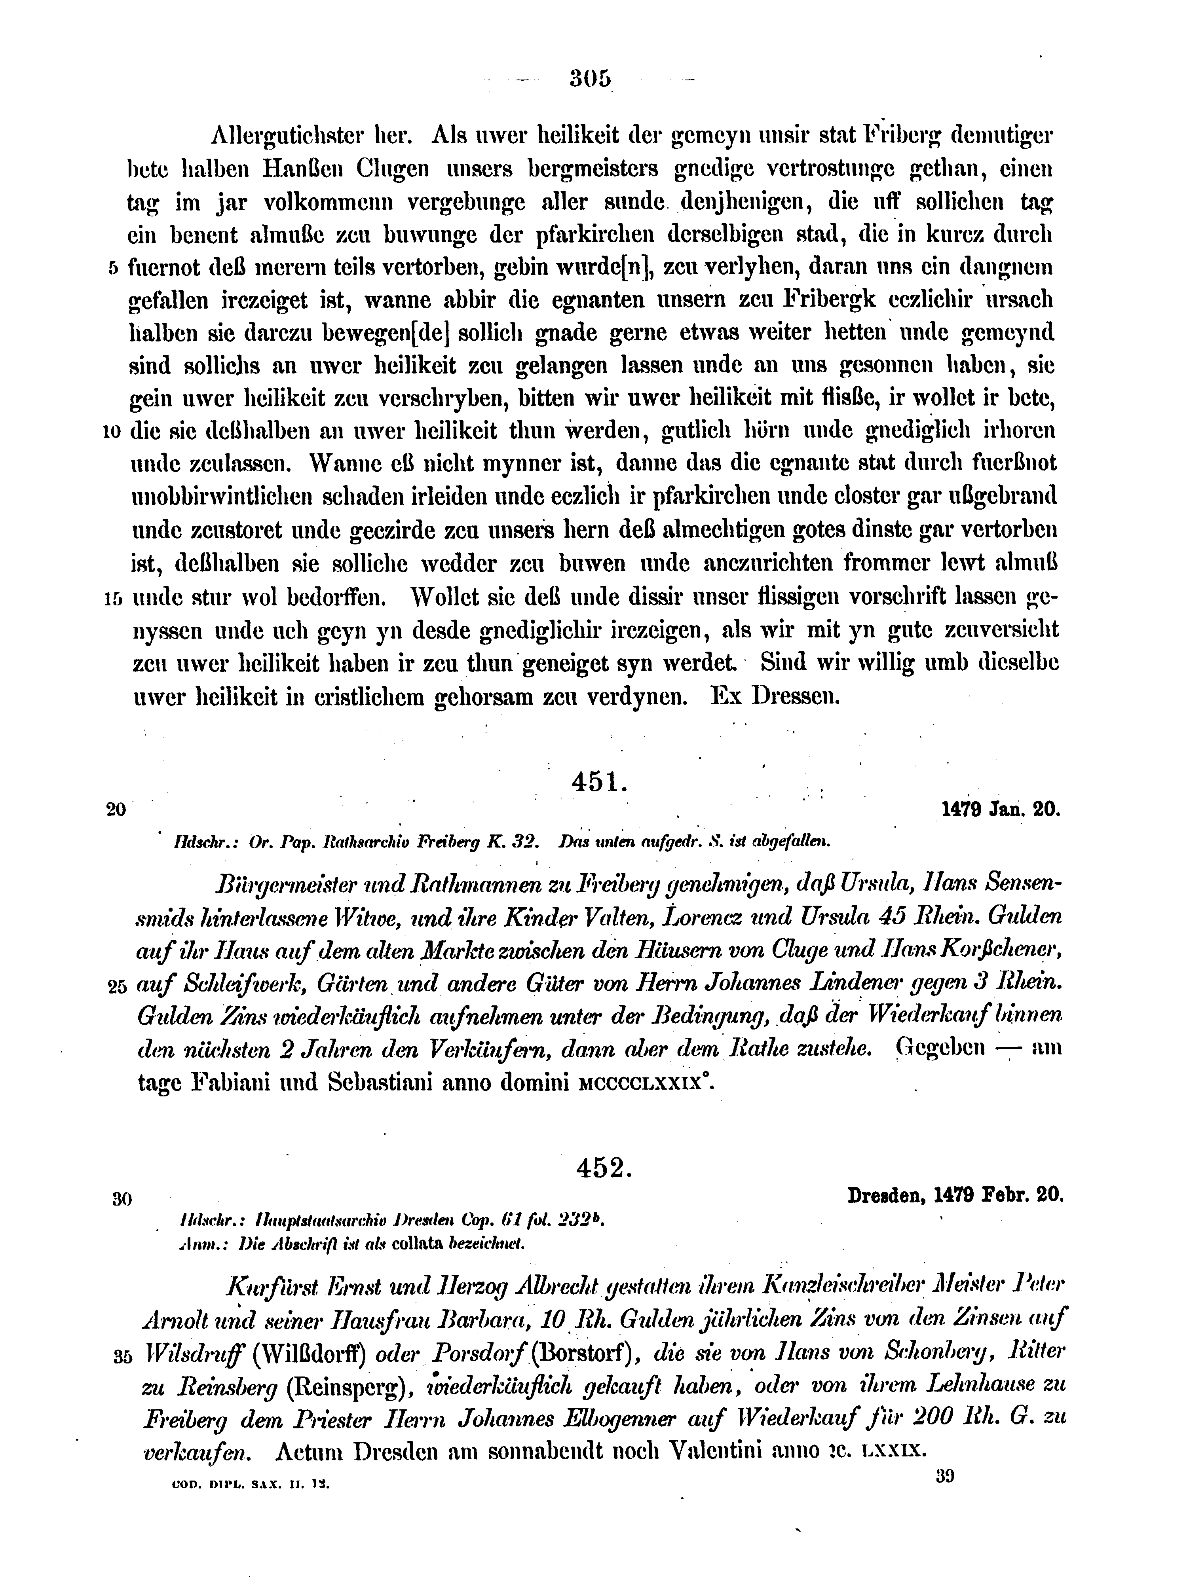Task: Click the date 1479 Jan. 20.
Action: [x=1000, y=809]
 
